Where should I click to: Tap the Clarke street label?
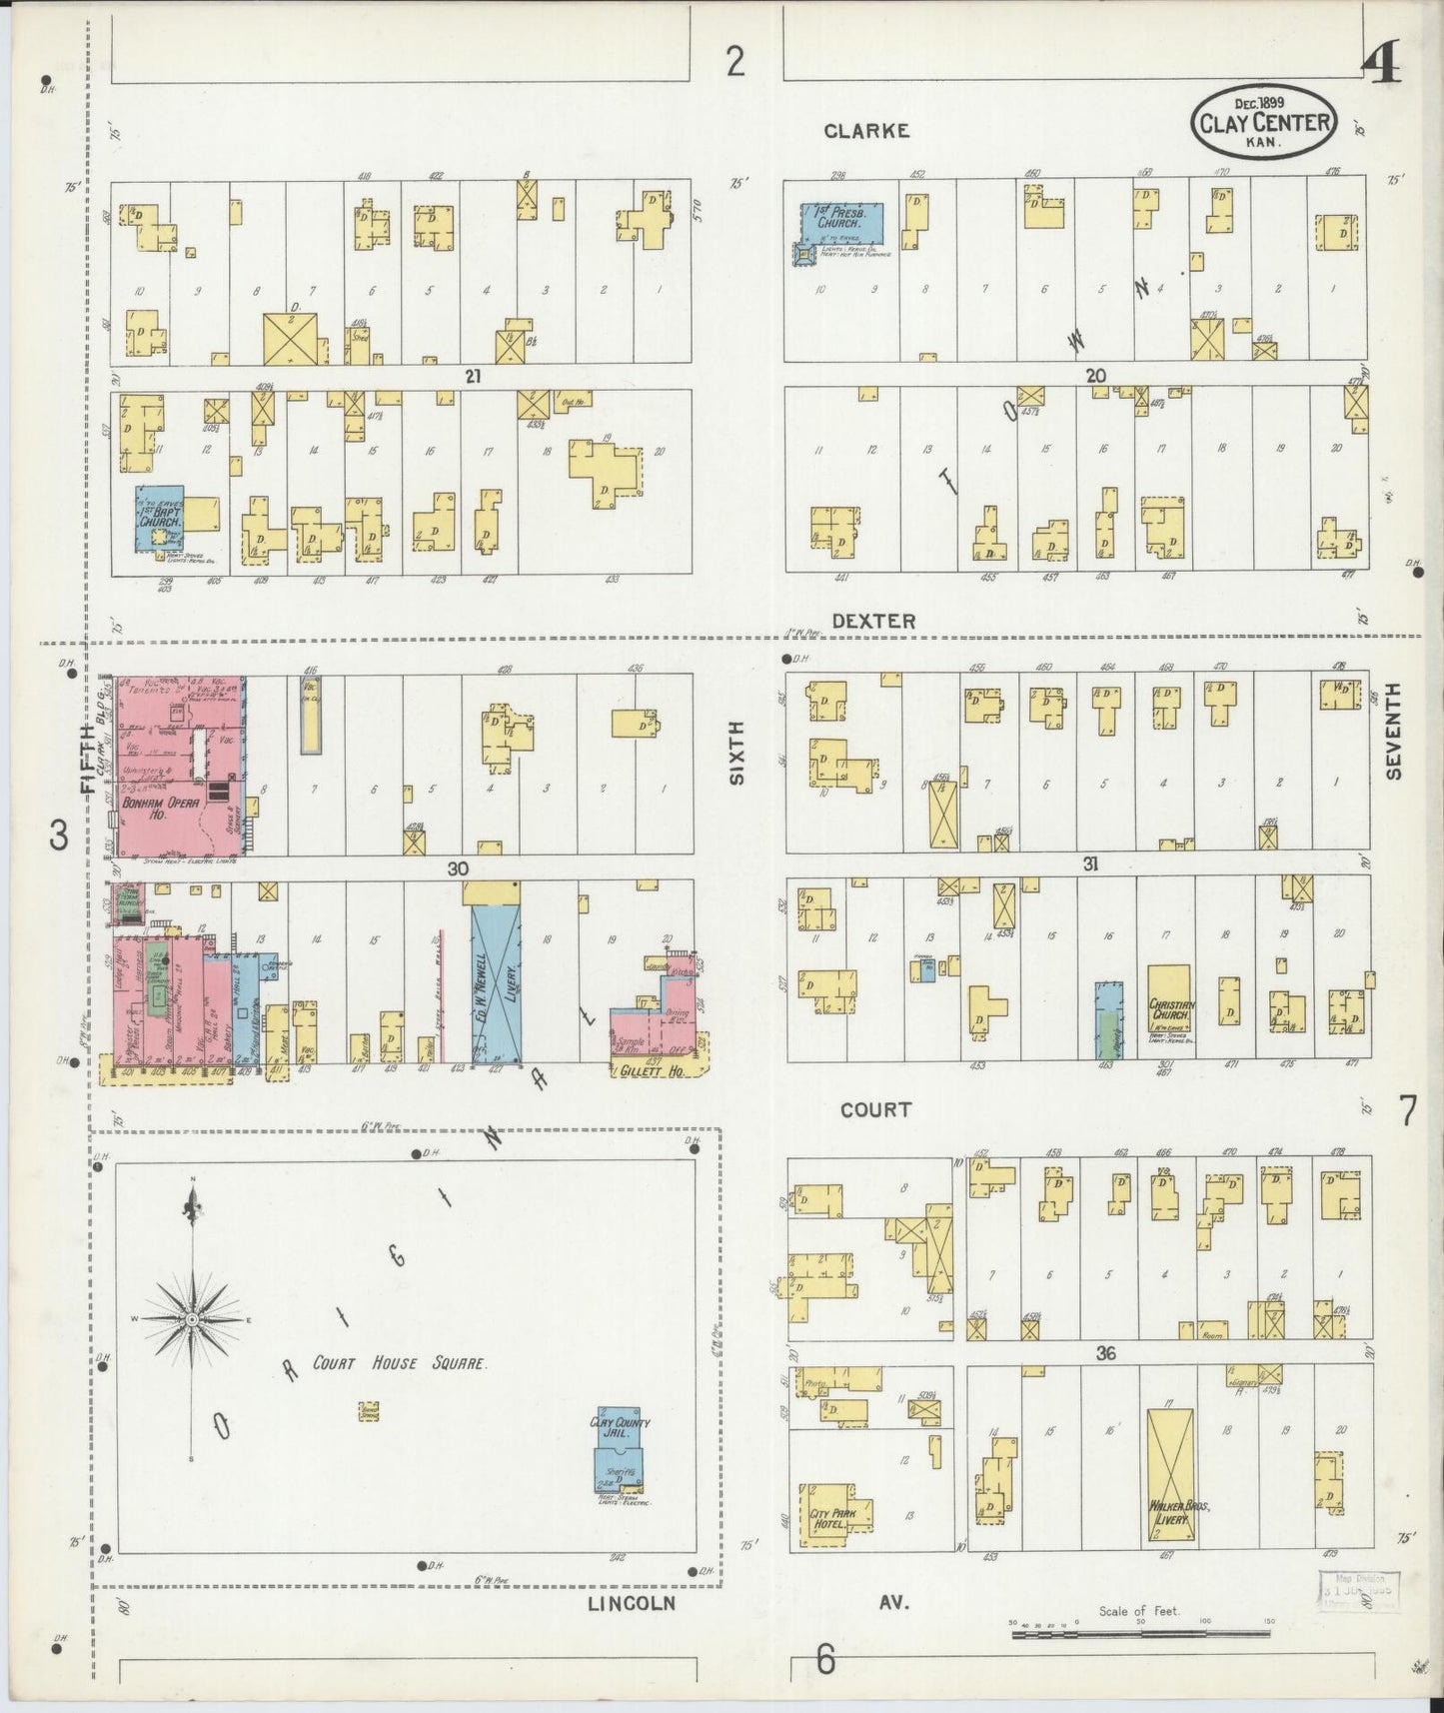[866, 131]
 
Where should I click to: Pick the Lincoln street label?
[631, 1603]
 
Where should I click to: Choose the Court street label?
[875, 1109]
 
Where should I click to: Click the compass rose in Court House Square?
[191, 1320]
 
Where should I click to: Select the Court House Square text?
[400, 1363]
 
